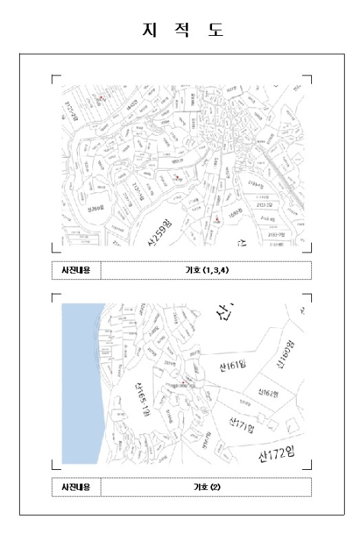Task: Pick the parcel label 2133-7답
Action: point(277,235)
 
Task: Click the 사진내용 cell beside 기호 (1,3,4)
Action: point(76,270)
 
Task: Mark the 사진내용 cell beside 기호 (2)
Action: point(76,487)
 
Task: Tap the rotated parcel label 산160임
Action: point(284,354)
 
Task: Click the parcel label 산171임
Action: point(242,423)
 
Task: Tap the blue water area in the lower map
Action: point(78,381)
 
